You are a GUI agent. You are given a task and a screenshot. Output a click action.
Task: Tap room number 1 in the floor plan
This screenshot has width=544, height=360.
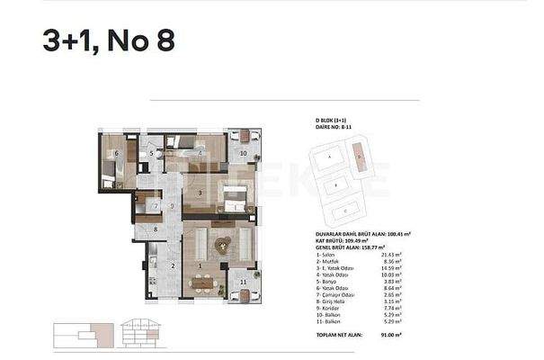(200, 265)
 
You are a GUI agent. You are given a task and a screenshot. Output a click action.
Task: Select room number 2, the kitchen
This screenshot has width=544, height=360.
(174, 265)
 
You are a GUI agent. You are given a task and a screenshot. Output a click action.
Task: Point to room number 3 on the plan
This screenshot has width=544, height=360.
(200, 193)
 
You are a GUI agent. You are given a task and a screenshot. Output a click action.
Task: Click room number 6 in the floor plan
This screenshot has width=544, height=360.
(117, 154)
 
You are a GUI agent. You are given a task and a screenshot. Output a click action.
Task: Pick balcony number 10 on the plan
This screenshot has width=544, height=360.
(244, 154)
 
